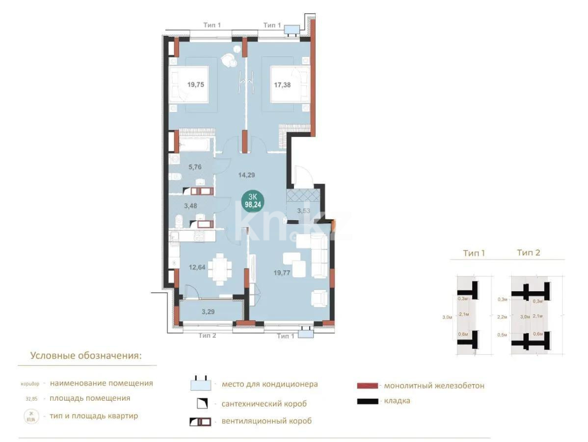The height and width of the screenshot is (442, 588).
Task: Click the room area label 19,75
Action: click(x=195, y=84)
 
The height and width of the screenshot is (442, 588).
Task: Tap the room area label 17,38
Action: click(x=282, y=84)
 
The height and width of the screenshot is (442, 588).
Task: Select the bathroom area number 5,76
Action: click(x=195, y=166)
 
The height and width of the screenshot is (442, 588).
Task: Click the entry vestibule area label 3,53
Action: click(x=304, y=211)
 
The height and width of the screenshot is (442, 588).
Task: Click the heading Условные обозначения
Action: click(x=86, y=356)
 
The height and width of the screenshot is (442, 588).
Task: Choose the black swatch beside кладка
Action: click(x=368, y=401)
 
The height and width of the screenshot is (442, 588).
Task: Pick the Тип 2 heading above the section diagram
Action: click(x=528, y=253)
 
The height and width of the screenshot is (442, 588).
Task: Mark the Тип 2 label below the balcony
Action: click(x=208, y=335)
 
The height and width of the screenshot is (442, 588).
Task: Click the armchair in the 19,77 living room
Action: click(x=320, y=298)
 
